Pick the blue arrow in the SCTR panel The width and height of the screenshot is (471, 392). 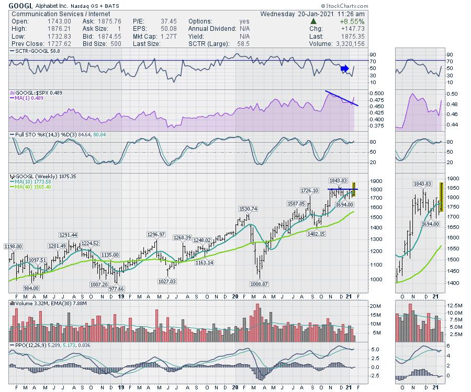(x=344, y=68)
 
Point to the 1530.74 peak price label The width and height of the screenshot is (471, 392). (x=249, y=209)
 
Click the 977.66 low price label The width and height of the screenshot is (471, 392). (x=116, y=289)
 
